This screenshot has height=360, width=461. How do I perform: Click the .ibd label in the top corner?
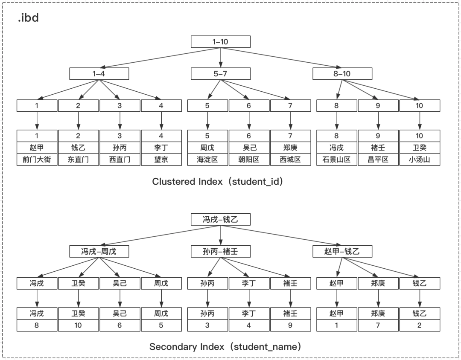(28, 18)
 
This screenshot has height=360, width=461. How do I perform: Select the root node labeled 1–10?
(220, 42)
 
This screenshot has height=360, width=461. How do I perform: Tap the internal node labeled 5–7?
(220, 74)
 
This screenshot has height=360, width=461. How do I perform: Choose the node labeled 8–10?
(342, 74)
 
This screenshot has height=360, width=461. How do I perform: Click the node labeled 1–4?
(99, 74)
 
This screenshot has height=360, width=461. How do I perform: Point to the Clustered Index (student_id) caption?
(218, 181)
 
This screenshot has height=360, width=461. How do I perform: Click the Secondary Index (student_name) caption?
(225, 346)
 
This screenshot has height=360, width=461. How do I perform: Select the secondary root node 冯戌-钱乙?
(220, 220)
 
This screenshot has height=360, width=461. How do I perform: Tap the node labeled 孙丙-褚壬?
(220, 251)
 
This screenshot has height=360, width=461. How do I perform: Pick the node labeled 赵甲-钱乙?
(342, 251)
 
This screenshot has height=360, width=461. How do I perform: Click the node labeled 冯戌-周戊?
(99, 251)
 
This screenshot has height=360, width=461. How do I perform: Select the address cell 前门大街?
(37, 160)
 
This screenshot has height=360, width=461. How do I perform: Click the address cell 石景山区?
(336, 160)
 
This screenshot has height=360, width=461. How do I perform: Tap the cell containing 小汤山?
(419, 160)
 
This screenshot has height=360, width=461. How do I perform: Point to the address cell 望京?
(161, 160)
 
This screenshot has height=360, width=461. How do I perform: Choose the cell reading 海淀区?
(207, 160)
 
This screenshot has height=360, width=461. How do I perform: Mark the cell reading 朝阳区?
(248, 160)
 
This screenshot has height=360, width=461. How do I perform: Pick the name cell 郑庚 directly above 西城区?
(290, 148)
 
